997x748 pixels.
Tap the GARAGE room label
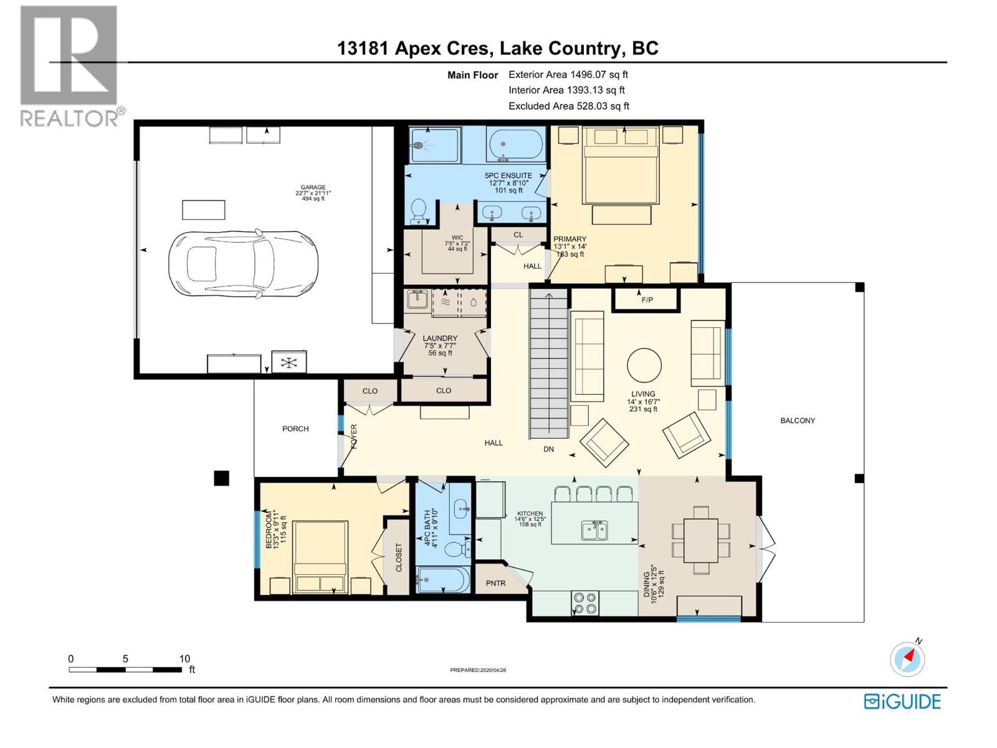pos(313,187)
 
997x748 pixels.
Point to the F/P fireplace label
pos(647,300)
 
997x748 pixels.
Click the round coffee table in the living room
pos(644,365)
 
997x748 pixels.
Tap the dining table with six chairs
pos(701,540)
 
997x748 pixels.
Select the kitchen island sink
pos(595,530)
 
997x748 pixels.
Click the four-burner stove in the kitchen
pos(584,603)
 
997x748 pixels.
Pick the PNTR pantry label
pos(496,583)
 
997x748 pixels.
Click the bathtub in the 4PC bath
pos(441,580)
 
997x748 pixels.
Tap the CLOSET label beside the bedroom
pos(399,558)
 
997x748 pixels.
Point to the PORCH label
pos(295,429)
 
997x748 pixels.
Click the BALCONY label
pos(798,421)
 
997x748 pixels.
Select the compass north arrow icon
pos(907,659)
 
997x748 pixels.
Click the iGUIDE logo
pos(902,701)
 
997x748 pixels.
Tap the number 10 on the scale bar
pos(184,658)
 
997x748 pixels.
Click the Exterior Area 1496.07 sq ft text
pos(568,74)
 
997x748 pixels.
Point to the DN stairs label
pos(548,449)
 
